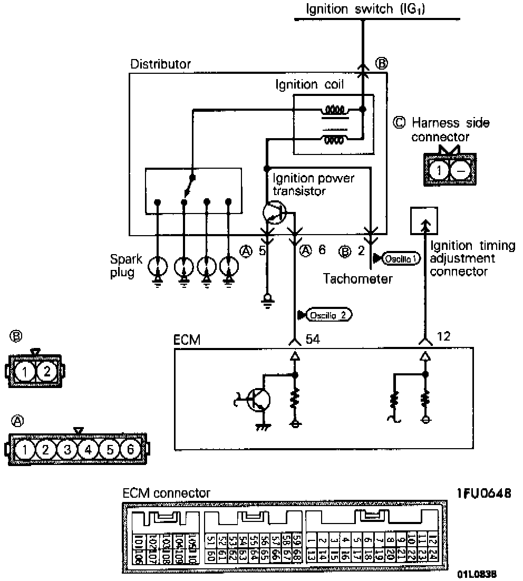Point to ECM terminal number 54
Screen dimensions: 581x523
coord(313,339)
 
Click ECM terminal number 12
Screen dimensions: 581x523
coord(444,336)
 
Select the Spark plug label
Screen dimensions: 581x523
coord(122,266)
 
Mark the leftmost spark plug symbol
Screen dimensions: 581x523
coord(157,266)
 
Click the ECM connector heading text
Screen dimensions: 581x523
coord(166,493)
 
